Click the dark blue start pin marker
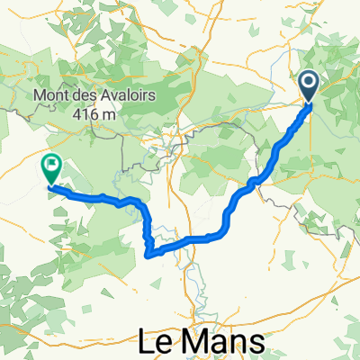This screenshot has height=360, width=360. point(308,86)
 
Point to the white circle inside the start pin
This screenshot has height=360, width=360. point(308,84)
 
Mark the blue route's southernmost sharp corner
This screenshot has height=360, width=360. point(148,254)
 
